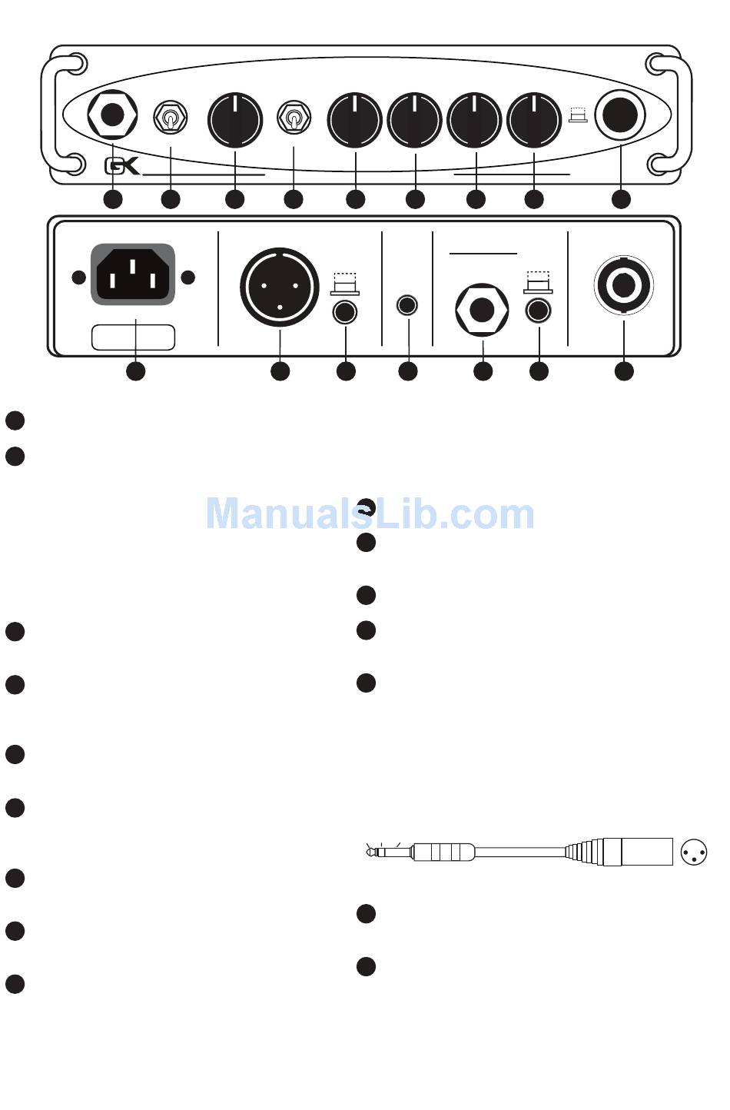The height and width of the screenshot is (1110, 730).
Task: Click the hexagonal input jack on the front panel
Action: tap(112, 116)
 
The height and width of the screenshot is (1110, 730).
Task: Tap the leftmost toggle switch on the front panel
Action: tap(170, 118)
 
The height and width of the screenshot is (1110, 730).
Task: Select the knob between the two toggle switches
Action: tap(234, 120)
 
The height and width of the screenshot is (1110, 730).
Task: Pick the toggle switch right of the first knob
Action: tap(294, 119)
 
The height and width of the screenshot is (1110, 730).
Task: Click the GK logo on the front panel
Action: tap(122, 166)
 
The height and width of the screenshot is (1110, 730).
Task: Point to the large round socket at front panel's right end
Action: tap(620, 116)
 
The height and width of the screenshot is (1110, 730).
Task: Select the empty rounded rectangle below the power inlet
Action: tap(133, 337)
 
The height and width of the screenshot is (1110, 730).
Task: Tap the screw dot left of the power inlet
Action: tap(78, 277)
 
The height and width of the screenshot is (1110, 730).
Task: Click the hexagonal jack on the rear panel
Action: tap(482, 311)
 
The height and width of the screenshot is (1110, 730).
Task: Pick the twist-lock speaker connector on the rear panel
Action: tap(623, 285)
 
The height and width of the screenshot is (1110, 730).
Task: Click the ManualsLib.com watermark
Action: tap(370, 514)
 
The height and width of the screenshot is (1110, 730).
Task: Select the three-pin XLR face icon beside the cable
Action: tap(694, 852)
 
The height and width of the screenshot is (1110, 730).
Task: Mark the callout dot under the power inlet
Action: tap(135, 371)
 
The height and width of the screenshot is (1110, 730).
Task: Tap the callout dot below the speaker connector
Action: tap(624, 371)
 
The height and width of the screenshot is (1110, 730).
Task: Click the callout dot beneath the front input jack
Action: tap(113, 199)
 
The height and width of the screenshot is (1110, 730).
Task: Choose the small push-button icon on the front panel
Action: tap(577, 116)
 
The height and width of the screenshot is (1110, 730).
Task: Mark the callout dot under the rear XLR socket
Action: tap(280, 371)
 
